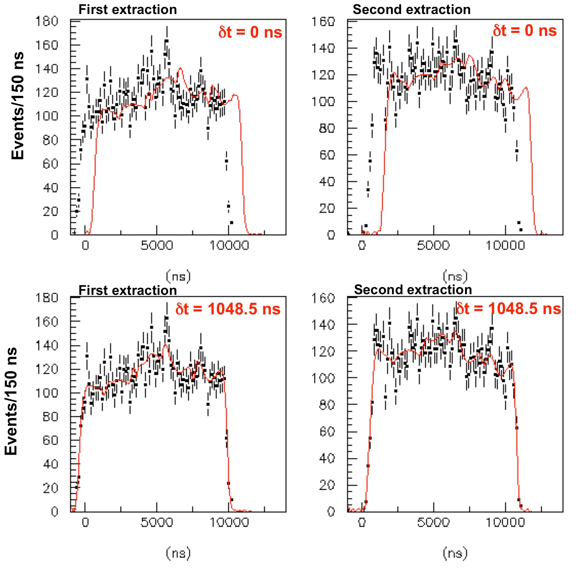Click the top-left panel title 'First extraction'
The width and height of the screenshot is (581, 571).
(128, 10)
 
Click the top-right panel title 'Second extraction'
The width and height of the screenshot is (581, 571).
(411, 10)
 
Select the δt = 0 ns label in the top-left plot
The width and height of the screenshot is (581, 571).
(250, 33)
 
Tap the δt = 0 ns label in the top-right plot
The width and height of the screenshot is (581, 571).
(525, 31)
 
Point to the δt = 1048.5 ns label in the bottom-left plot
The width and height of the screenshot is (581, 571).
(228, 309)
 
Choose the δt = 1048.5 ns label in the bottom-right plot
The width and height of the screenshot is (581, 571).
(509, 309)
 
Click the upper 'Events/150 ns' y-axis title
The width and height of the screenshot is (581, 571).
(18, 106)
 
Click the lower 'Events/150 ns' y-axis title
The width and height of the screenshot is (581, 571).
(11, 401)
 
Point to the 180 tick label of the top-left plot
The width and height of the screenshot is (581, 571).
(47, 21)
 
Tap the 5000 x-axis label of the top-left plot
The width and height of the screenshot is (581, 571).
(157, 245)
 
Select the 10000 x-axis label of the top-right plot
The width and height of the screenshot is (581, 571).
(505, 245)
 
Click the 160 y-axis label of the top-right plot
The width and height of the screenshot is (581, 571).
(323, 22)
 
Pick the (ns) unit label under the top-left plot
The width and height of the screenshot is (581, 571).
(178, 276)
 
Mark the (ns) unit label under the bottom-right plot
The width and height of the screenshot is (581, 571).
(455, 553)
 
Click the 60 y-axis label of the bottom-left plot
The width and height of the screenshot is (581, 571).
(50, 440)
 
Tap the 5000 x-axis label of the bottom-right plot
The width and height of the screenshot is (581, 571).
(433, 522)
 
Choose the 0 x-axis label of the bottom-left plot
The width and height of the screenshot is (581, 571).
(85, 522)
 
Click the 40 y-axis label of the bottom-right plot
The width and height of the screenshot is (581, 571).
(327, 458)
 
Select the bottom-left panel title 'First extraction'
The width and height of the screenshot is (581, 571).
(128, 290)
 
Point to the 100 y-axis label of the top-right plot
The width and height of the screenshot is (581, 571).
(323, 102)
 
